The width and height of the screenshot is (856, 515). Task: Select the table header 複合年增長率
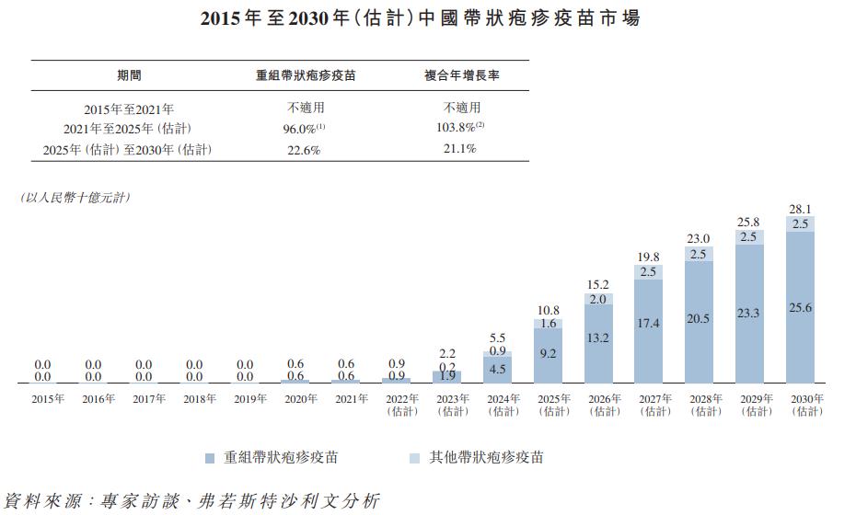(462, 76)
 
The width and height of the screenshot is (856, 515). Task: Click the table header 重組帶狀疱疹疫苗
(305, 76)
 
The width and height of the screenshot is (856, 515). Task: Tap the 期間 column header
(129, 76)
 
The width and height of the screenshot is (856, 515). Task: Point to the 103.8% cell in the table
(460, 129)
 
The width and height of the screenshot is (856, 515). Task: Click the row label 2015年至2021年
(129, 109)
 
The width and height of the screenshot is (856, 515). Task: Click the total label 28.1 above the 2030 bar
(800, 209)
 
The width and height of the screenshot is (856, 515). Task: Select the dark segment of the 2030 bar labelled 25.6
(800, 306)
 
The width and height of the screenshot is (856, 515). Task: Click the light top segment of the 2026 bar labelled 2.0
(598, 300)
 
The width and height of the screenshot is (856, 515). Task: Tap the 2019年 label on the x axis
(245, 399)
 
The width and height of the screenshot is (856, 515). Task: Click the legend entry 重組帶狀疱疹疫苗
(277, 457)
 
